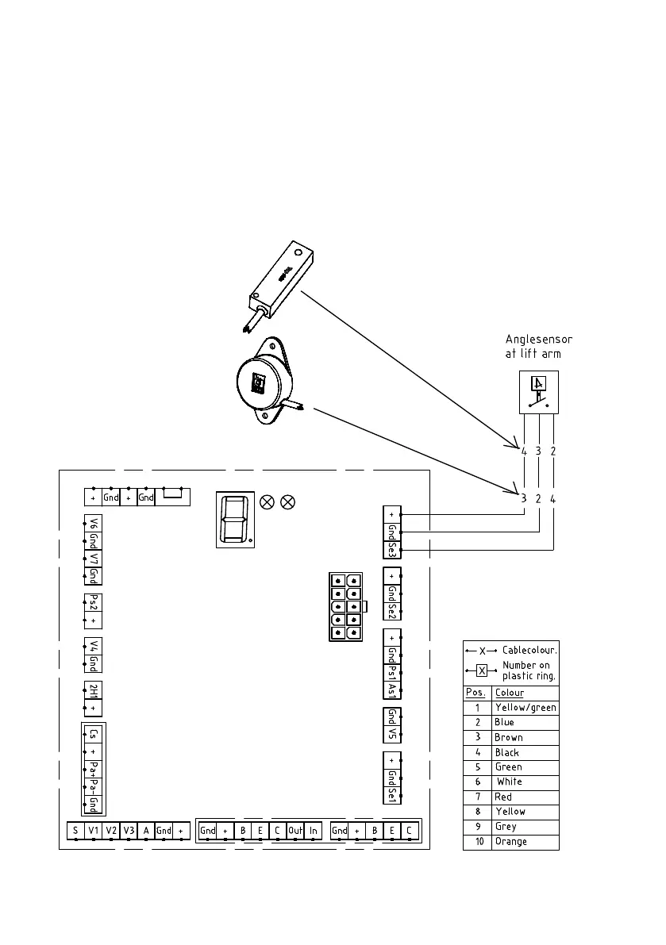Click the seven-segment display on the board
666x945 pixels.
click(x=235, y=518)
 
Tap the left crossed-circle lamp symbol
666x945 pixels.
click(x=268, y=501)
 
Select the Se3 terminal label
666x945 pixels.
click(x=392, y=548)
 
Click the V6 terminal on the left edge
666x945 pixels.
click(x=94, y=524)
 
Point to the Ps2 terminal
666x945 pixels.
click(x=94, y=603)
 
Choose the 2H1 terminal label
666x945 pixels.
click(x=94, y=690)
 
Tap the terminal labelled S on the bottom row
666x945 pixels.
click(x=75, y=831)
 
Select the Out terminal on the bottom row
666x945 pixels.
click(x=295, y=831)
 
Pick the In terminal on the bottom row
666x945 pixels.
click(x=314, y=831)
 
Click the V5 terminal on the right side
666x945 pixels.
click(x=392, y=732)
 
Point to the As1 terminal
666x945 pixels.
click(x=392, y=690)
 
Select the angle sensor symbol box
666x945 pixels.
click(x=539, y=391)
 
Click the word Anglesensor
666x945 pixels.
click(x=539, y=340)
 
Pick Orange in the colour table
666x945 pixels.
click(x=510, y=842)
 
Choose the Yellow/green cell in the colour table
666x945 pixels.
click(x=525, y=708)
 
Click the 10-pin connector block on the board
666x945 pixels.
click(x=345, y=606)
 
